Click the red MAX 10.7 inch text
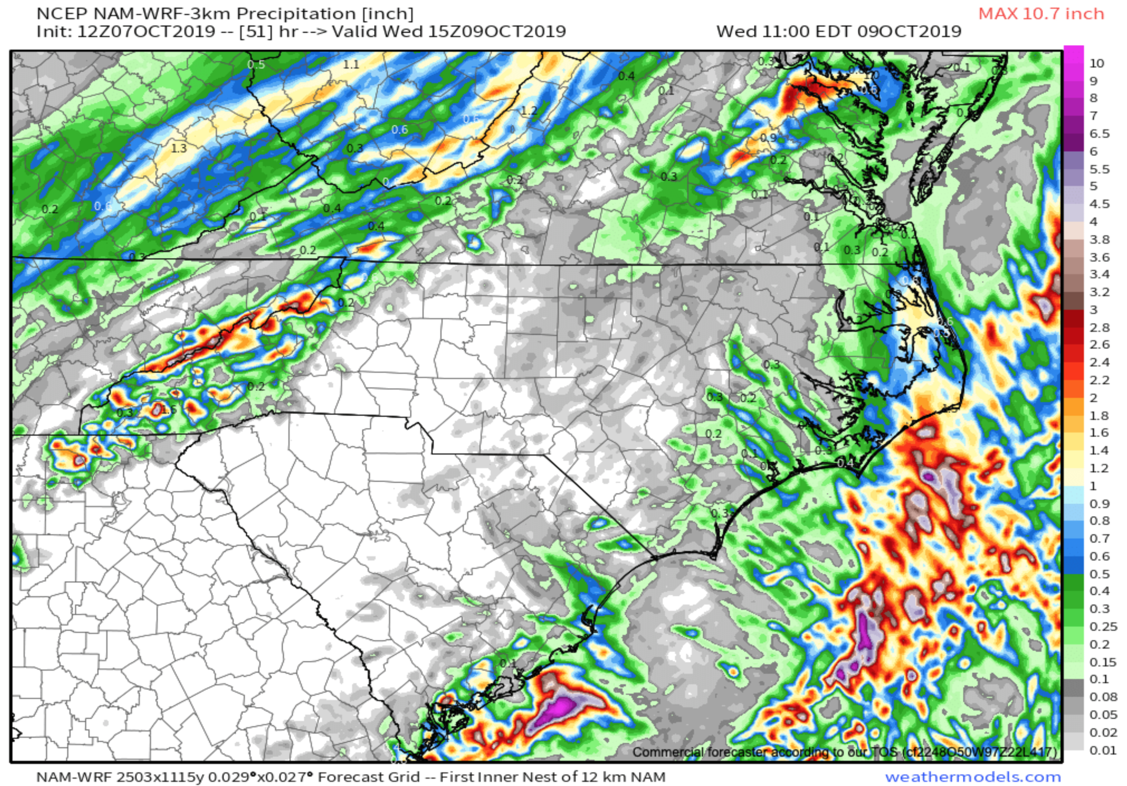[1041, 14]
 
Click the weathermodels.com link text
[972, 777]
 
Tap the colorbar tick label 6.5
[1100, 133]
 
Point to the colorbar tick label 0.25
[1103, 626]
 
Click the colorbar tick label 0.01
[1103, 750]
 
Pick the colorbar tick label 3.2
[1100, 292]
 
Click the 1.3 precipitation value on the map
[179, 148]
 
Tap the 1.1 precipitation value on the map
[351, 64]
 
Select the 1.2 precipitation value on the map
[529, 111]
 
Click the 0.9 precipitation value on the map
[768, 138]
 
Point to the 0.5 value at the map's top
[256, 64]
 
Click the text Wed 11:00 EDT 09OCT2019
[838, 32]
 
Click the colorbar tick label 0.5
[1100, 574]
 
